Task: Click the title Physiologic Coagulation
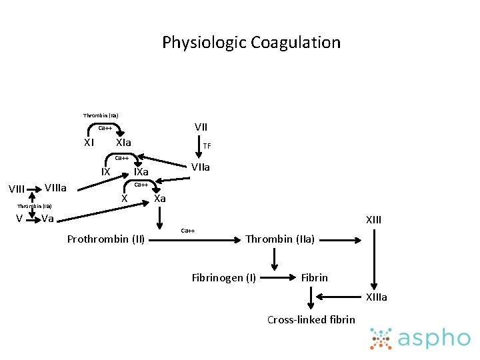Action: [251, 43]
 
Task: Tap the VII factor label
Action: [201, 127]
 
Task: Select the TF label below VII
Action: [207, 146]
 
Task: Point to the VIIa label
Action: [201, 167]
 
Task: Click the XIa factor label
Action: [123, 143]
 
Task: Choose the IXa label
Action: [141, 173]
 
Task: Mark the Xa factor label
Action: [160, 198]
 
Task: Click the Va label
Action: [47, 219]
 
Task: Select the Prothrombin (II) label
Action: [106, 239]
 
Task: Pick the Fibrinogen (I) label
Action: [223, 277]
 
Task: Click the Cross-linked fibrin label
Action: [311, 320]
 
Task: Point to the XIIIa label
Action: [375, 297]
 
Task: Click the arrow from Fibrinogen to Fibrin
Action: [279, 277]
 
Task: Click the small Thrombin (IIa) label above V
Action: [35, 206]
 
